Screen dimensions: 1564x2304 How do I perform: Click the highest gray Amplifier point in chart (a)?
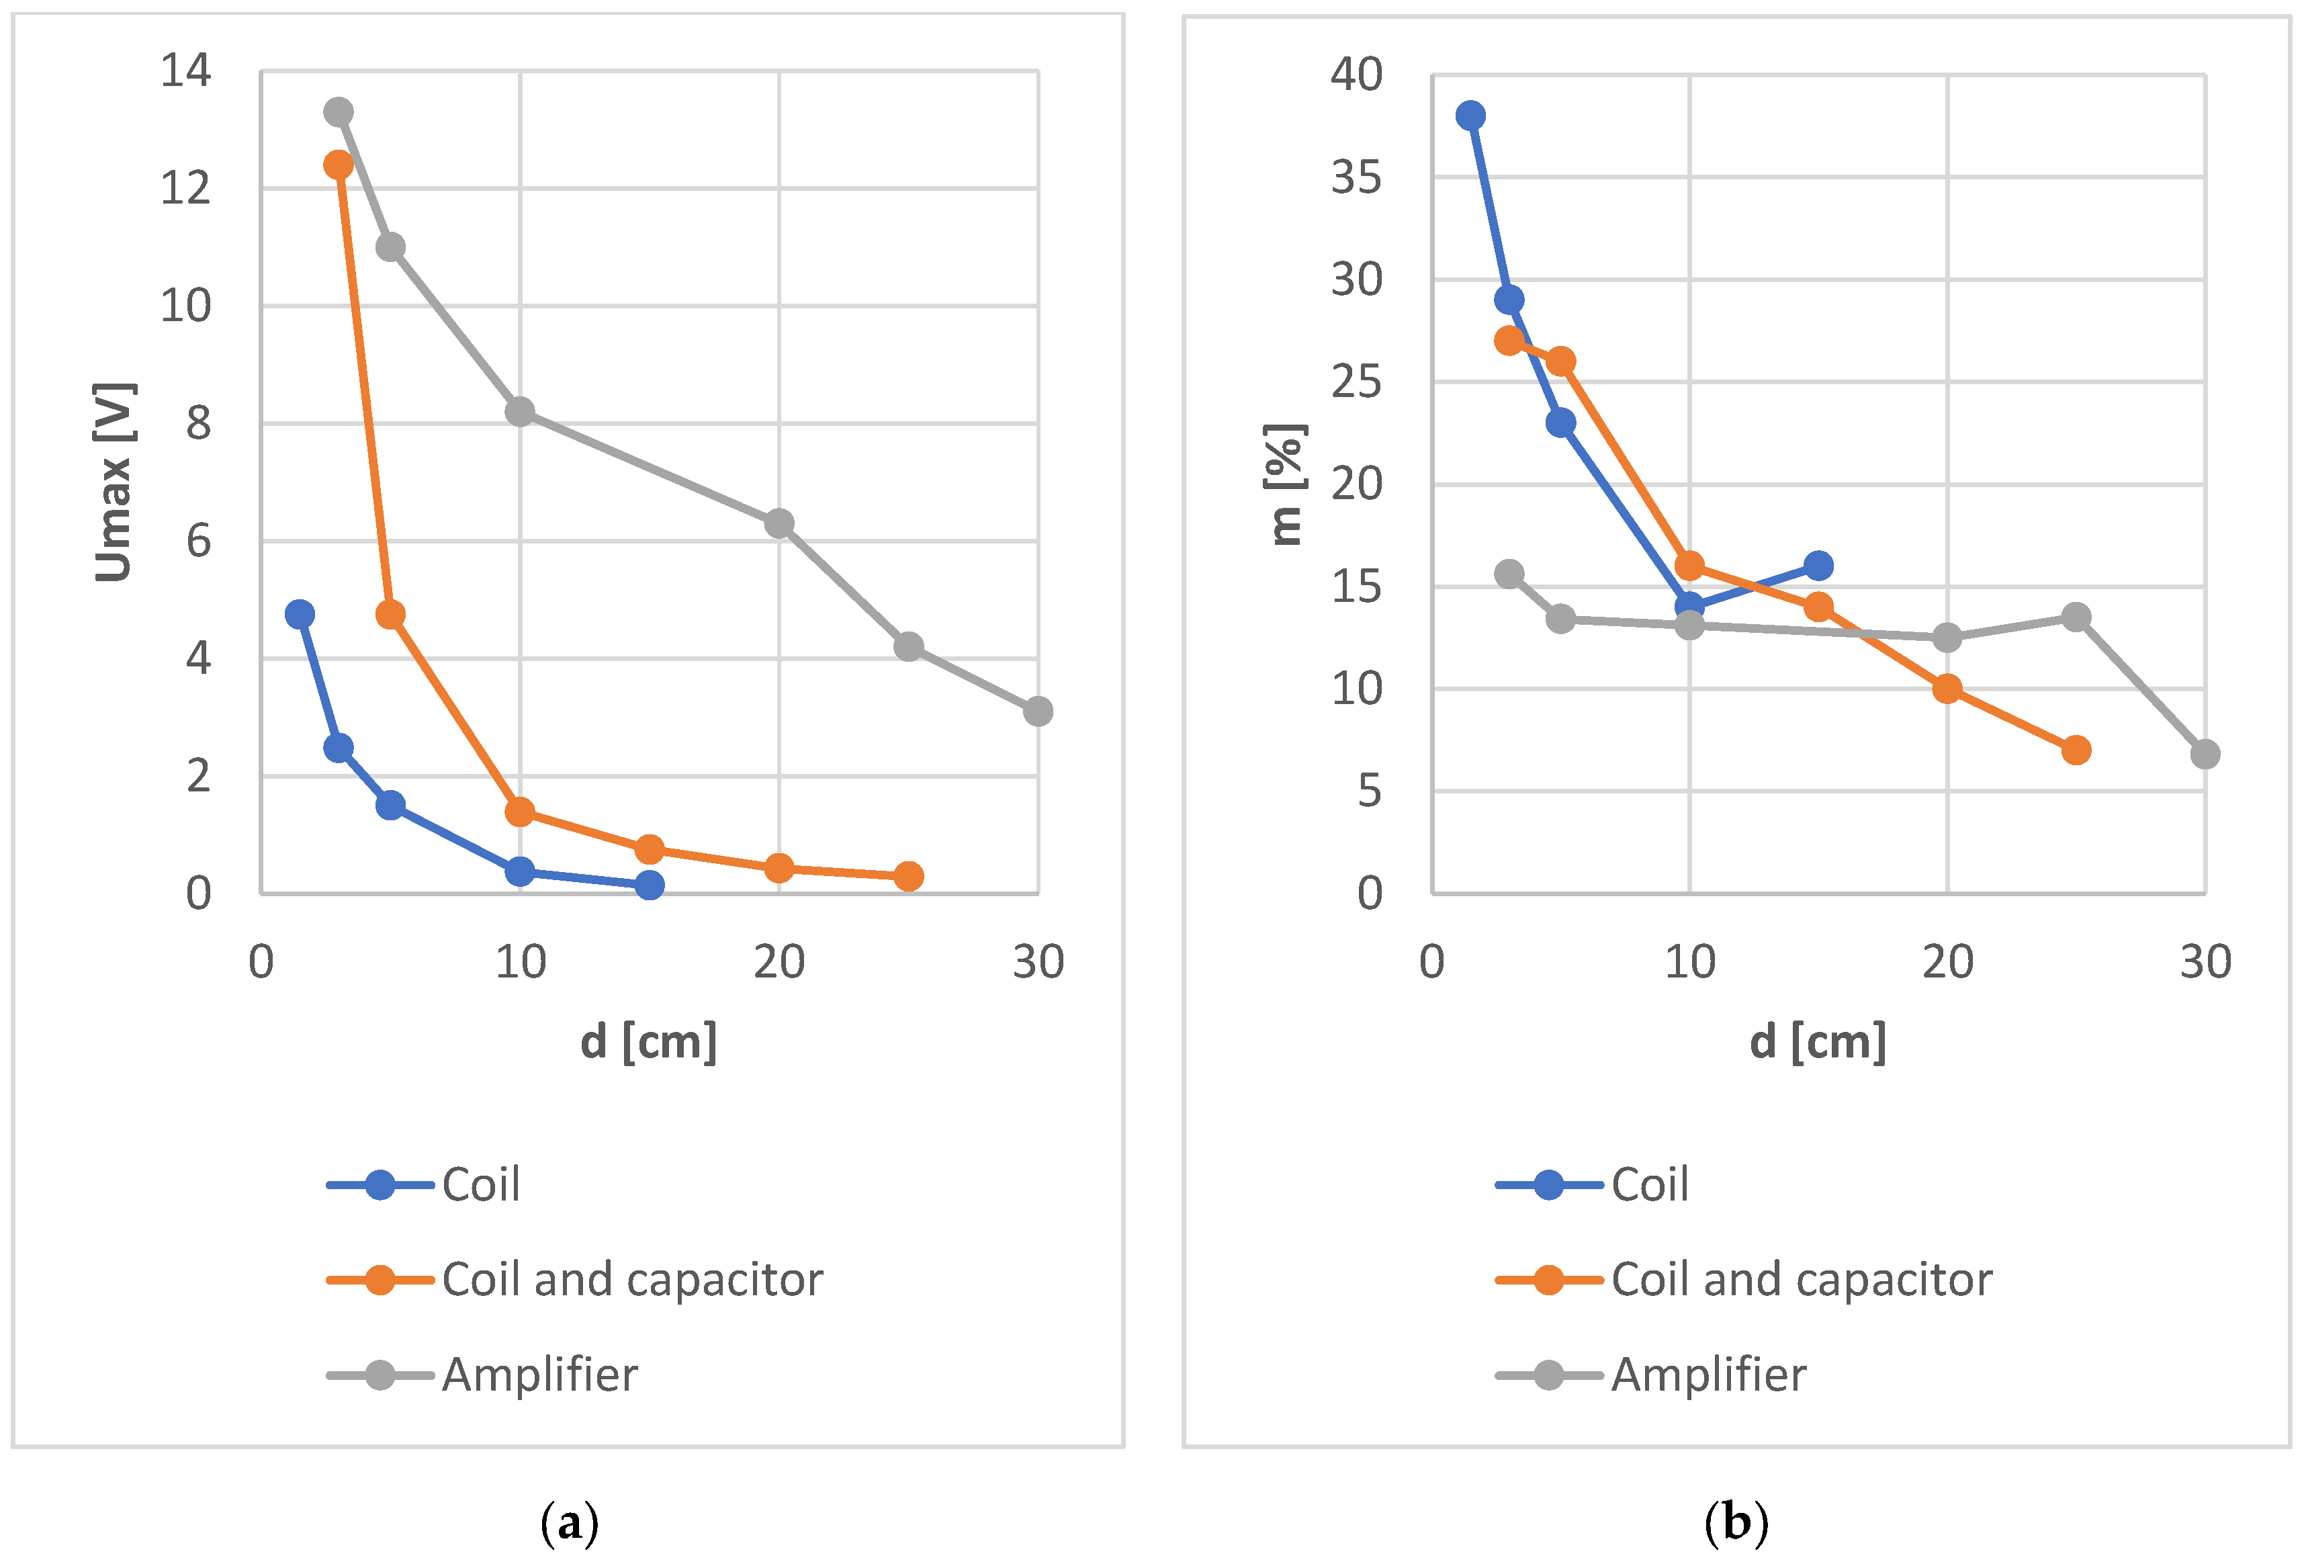tap(338, 112)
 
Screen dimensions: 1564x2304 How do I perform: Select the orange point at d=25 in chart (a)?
tap(908, 876)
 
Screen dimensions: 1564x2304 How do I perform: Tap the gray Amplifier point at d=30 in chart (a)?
tap(1038, 711)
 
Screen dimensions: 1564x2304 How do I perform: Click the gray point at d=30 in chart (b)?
tap(2205, 754)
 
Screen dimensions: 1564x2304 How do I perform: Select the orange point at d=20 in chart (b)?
tap(1947, 688)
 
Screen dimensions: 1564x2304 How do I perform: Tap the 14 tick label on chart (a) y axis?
tap(185, 71)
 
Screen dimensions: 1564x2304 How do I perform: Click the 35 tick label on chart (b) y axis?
tap(1356, 179)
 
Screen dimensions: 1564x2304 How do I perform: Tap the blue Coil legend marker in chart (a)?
tap(380, 1185)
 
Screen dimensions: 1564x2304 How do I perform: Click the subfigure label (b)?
tap(1736, 1522)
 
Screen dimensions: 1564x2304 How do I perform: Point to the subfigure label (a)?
tap(570, 1522)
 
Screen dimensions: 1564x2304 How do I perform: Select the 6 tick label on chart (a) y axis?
tap(198, 541)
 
